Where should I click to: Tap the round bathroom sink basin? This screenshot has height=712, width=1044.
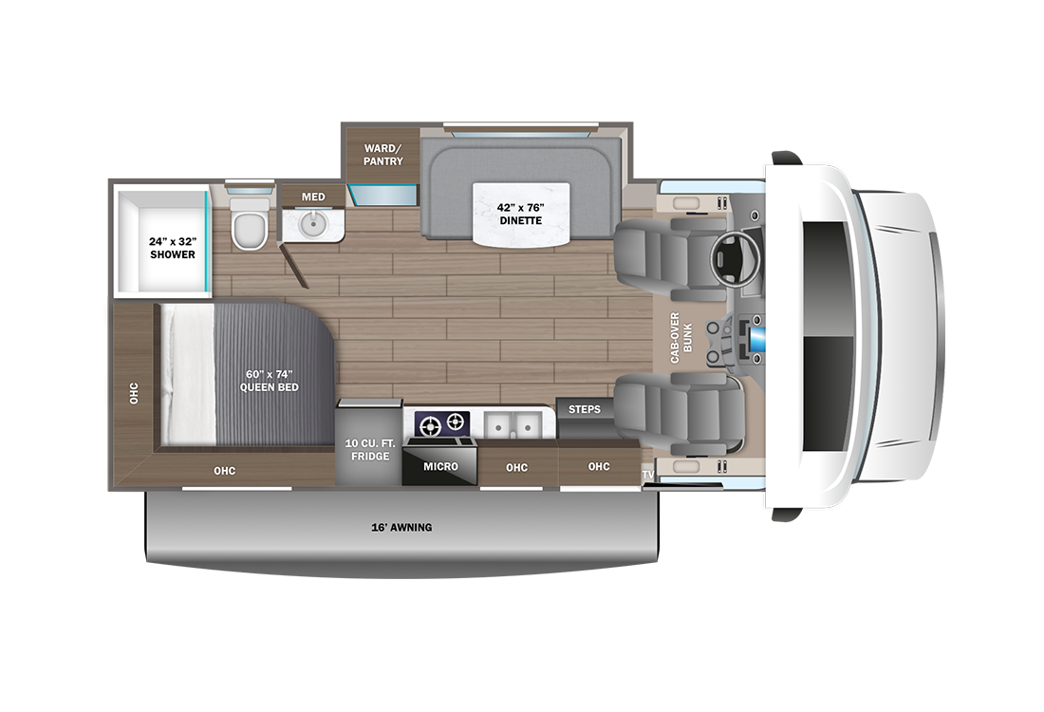tap(312, 225)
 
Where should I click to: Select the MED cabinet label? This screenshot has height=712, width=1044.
tap(313, 197)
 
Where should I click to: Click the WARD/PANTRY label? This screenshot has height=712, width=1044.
tap(383, 154)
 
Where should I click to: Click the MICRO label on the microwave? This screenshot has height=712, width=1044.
tap(440, 466)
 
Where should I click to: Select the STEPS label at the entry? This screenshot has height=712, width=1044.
tap(584, 409)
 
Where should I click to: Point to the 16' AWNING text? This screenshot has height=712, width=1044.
tap(402, 527)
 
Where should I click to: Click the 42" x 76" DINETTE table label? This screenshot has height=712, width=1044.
tap(521, 213)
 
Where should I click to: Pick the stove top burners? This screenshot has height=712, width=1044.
tap(443, 423)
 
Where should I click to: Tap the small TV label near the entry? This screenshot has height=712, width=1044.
tap(648, 474)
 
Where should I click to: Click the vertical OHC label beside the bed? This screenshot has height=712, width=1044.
tap(134, 394)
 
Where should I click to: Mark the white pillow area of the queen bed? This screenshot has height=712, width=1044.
tap(188, 374)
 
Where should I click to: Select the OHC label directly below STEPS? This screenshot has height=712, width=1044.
tap(598, 466)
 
